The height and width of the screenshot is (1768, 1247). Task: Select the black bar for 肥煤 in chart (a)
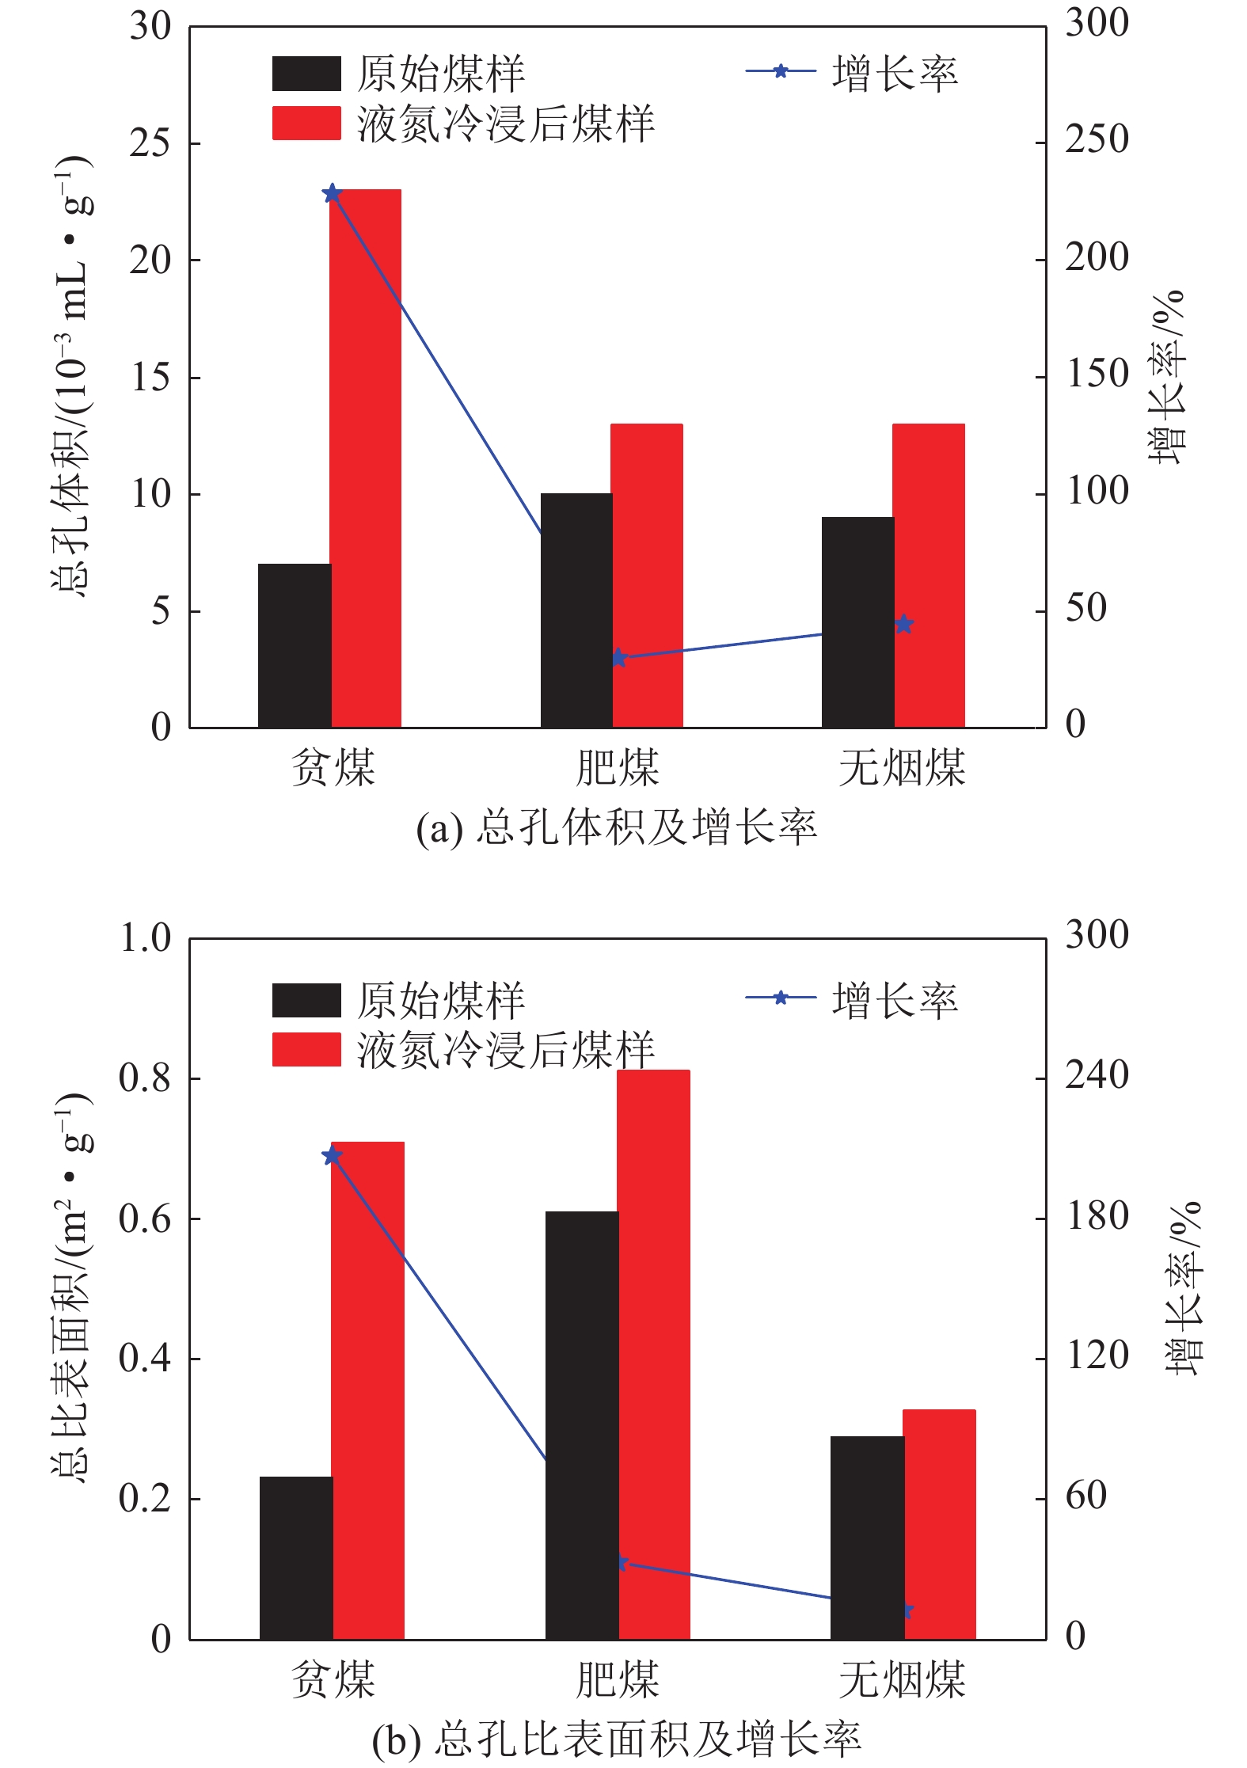pos(576,610)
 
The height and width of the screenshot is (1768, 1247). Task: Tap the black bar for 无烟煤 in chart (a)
pos(857,622)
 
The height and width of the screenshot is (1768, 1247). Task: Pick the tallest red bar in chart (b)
pos(653,1354)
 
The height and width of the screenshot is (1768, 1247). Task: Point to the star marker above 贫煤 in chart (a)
pos(333,193)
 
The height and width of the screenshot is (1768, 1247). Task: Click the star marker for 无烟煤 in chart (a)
pos(904,624)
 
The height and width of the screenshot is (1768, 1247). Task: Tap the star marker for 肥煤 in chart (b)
pos(622,1563)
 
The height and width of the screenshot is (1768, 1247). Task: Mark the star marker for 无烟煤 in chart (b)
pos(907,1610)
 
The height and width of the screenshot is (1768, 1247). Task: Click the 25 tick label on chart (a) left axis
pos(150,143)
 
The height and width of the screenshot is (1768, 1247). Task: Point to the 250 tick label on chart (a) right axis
pos(1097,139)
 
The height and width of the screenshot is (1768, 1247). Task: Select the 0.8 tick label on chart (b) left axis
pos(145,1078)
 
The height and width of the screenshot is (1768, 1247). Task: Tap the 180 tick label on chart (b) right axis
pos(1097,1216)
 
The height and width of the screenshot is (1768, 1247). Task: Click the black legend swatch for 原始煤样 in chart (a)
pos(306,74)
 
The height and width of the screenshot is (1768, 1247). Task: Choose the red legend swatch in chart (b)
pos(306,1049)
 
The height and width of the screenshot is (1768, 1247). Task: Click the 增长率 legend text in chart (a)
pos(895,74)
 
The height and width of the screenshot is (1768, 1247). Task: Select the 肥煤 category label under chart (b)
pos(618,1678)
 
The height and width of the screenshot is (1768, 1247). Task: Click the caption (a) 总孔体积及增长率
pos(617,827)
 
